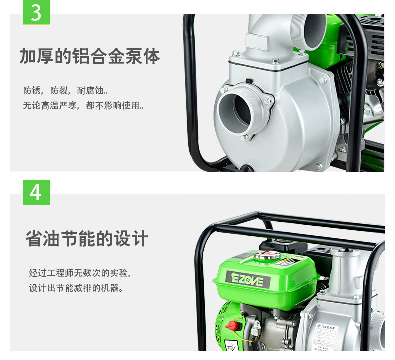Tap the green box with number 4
37,192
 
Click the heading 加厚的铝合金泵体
90,57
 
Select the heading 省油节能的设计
87,239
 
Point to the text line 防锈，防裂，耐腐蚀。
65,91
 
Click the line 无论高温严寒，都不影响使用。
83,106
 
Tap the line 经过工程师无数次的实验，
80,273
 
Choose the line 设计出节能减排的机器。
76,288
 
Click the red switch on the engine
233,326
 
